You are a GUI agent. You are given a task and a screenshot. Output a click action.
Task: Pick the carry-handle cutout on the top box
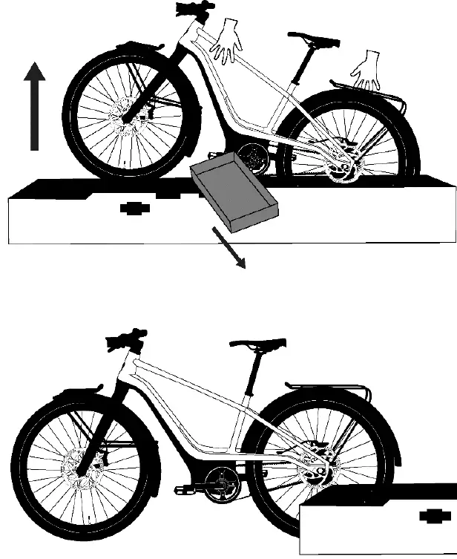tap(135, 209)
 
